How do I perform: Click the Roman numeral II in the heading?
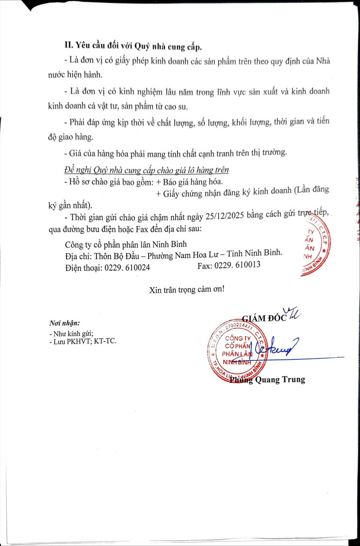pyautogui.click(x=68, y=46)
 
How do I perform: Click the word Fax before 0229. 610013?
pyautogui.click(x=205, y=265)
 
